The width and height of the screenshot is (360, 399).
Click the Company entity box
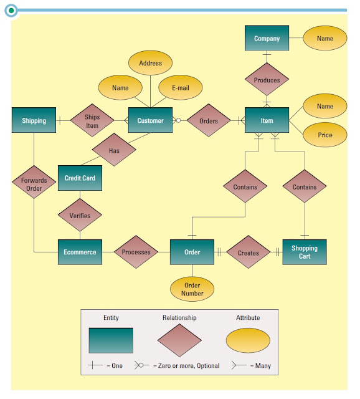(x=267, y=38)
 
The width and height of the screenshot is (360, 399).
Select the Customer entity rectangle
(x=150, y=120)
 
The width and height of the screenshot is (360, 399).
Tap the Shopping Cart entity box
(x=305, y=252)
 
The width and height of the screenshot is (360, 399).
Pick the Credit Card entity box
(x=80, y=178)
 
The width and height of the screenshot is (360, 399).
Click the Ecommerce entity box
(x=80, y=252)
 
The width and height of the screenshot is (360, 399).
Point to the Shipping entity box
(x=34, y=120)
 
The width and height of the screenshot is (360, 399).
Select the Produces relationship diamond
(x=267, y=79)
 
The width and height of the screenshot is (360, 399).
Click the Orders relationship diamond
(x=209, y=120)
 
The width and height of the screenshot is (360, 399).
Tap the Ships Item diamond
(x=92, y=120)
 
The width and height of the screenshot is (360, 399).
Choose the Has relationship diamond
(x=114, y=150)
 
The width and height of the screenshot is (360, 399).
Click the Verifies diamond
(x=80, y=215)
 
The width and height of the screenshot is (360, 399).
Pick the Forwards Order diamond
(x=34, y=182)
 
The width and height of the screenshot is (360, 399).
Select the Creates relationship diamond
(x=249, y=252)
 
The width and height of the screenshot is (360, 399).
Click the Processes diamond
(x=136, y=252)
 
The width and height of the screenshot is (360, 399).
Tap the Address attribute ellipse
(x=150, y=63)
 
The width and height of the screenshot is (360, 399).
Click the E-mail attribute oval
(x=181, y=87)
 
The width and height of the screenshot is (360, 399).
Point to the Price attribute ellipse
(x=325, y=135)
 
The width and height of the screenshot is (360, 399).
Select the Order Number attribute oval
(x=192, y=289)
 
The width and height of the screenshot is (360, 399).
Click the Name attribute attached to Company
(x=325, y=38)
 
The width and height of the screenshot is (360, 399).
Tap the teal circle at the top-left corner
(x=11, y=11)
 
